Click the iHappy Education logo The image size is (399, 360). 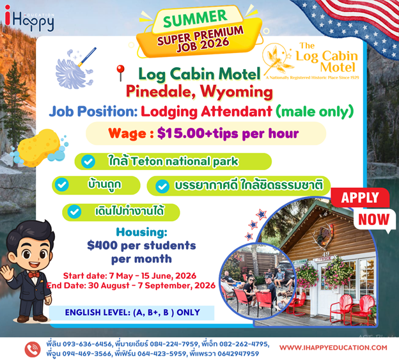[29, 19]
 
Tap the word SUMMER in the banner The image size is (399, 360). [195, 19]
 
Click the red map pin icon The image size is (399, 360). [120, 73]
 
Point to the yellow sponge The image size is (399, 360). [38, 148]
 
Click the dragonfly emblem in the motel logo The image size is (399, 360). [277, 59]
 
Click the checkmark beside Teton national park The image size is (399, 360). [88, 162]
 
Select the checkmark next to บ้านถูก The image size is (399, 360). [62, 185]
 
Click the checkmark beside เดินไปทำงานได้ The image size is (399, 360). [74, 212]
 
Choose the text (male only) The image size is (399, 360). [315, 111]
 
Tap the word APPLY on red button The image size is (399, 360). [360, 198]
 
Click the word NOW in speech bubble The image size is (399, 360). [374, 219]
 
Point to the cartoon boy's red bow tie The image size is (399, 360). [34, 275]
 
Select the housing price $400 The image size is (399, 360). [102, 246]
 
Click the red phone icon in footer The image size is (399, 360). [33, 350]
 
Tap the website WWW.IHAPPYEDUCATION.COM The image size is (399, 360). [333, 348]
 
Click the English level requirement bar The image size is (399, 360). [132, 313]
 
